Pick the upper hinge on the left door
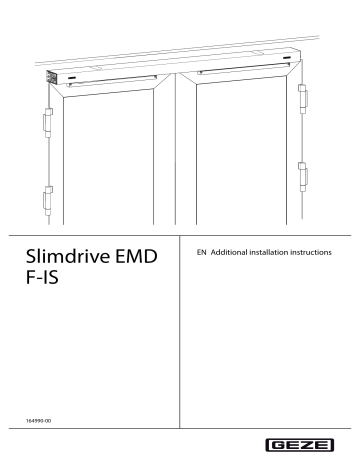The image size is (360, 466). click(45, 124)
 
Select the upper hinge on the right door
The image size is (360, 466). click(303, 98)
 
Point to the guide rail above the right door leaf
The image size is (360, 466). click(240, 71)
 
